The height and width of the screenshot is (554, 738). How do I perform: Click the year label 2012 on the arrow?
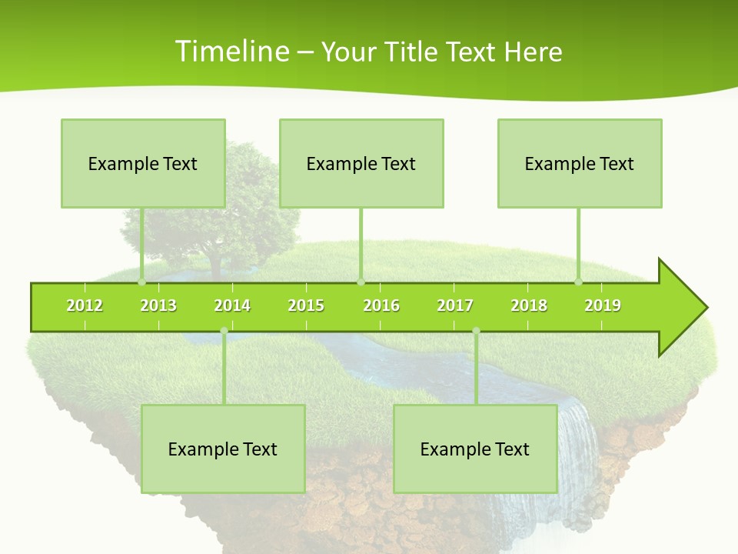click(x=85, y=305)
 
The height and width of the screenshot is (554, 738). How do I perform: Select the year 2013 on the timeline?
click(x=158, y=305)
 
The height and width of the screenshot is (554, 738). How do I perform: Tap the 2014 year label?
click(x=232, y=305)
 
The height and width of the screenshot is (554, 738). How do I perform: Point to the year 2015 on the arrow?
click(x=306, y=305)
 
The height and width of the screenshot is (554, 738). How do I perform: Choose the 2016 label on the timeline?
click(x=381, y=305)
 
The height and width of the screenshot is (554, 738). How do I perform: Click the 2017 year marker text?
click(x=455, y=305)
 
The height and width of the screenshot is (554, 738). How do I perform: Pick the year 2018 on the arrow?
click(x=529, y=305)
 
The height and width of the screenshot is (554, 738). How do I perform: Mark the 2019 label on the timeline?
click(x=603, y=305)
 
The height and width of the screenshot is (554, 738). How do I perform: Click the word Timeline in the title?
click(x=231, y=52)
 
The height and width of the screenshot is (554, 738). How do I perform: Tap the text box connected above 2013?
click(x=143, y=163)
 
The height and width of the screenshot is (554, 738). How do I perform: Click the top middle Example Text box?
click(x=361, y=163)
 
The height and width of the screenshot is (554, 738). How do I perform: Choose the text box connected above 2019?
click(x=580, y=163)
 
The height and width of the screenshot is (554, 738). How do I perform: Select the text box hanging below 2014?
click(x=223, y=449)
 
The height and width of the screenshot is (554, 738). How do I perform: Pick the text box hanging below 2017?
click(x=475, y=449)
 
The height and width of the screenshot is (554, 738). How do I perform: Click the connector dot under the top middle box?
click(x=361, y=282)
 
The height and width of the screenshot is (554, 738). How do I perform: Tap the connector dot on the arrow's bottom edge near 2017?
click(x=476, y=331)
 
